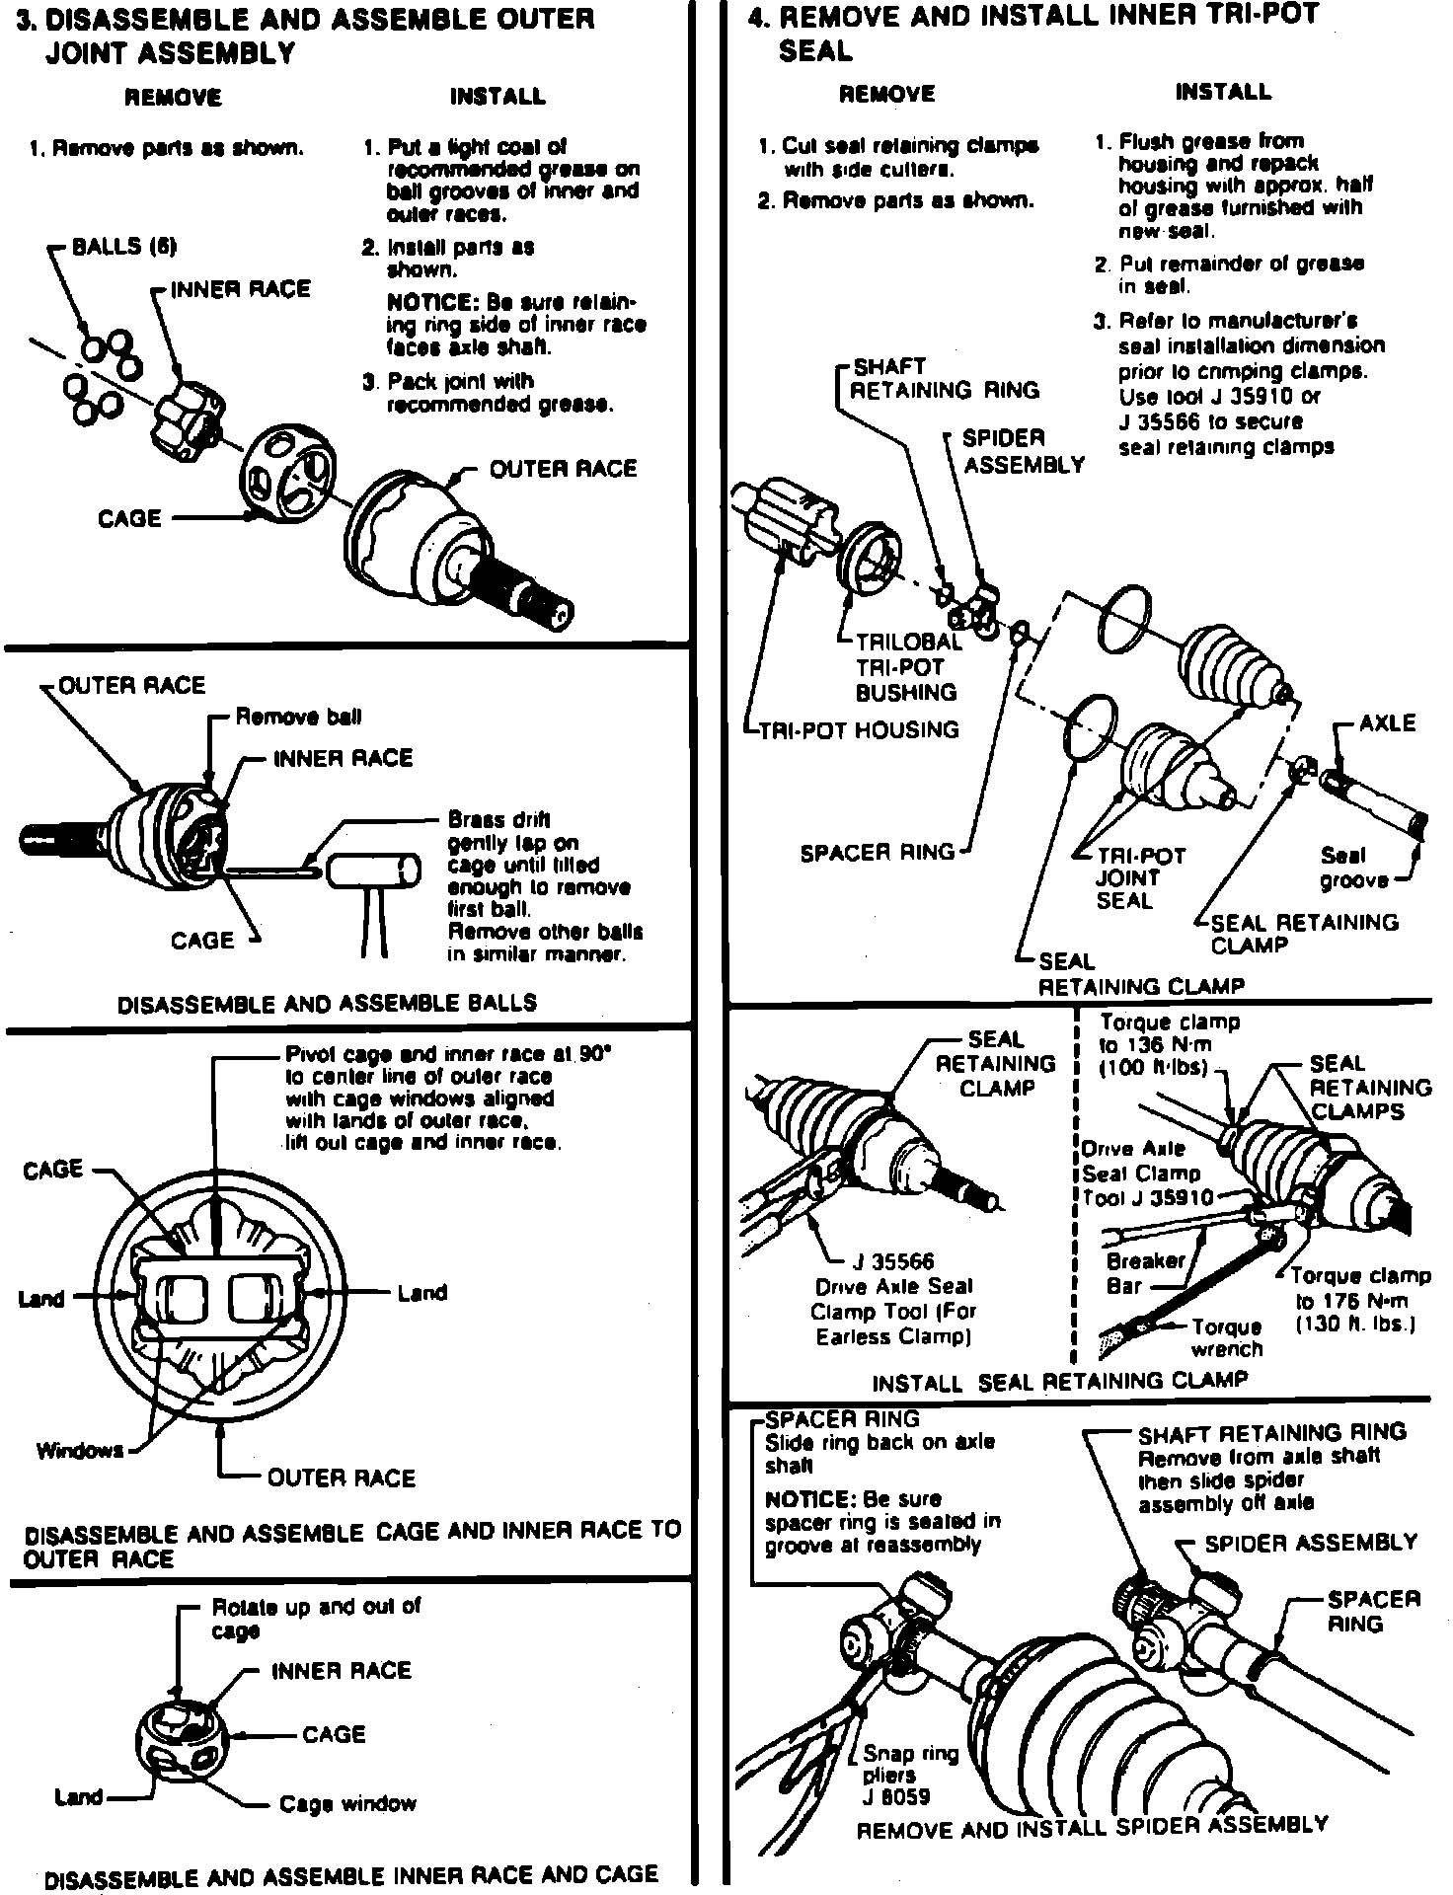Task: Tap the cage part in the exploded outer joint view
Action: pos(290,475)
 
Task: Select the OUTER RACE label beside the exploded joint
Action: pos(563,469)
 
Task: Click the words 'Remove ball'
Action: pos(298,717)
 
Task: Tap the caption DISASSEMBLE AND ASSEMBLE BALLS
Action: pos(327,1004)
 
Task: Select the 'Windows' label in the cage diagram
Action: pos(79,1450)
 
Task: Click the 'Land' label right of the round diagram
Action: pos(421,1293)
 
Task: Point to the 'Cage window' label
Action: pos(347,1804)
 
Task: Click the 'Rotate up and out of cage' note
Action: pos(316,1618)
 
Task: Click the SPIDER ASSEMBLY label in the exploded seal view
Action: pos(1023,451)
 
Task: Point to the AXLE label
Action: pos(1387,723)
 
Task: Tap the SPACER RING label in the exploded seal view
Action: pos(878,852)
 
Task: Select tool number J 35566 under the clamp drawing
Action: pos(892,1261)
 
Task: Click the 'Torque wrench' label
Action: pos(1227,1338)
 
